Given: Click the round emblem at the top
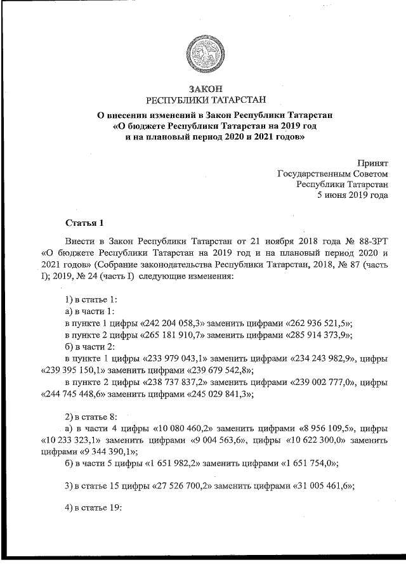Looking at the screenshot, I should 204,51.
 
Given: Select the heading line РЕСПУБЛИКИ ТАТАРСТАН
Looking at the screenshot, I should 204,100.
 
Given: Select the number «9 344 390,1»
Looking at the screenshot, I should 108,452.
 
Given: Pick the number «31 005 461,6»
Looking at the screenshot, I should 322,486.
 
